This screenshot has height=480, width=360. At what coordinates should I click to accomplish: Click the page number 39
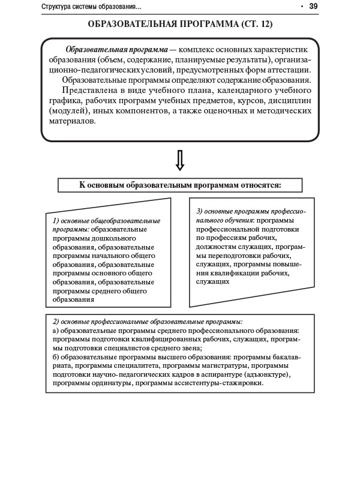[313, 7]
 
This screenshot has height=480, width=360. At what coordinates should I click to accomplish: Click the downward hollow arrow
[179, 160]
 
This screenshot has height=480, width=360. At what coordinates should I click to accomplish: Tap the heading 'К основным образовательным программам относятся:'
[180, 185]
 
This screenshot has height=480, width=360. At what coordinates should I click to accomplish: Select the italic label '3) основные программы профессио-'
[251, 212]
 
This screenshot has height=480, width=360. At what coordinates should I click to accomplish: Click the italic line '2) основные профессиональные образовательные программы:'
[148, 322]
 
